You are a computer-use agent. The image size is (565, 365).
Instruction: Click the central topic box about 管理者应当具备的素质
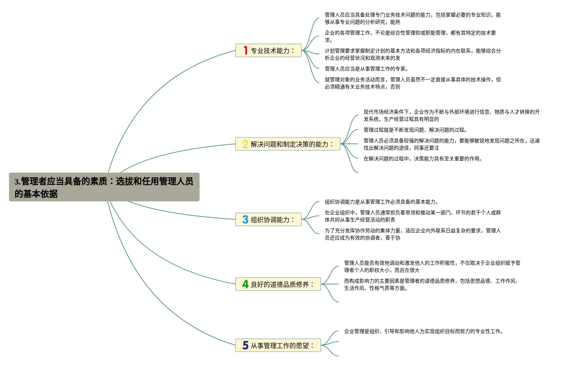coord(104,187)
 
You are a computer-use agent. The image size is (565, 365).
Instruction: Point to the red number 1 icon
coord(245,50)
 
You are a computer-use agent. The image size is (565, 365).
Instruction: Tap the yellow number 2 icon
coord(245,144)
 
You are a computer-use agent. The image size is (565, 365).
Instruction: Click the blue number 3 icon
coord(245,219)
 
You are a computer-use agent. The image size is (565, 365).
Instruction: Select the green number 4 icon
coord(245,284)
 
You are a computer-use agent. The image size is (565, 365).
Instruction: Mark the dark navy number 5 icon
coord(245,345)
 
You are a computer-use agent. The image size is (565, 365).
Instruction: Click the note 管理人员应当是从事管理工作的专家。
coord(366,69)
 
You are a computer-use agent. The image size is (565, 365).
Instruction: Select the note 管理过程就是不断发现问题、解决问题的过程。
coord(415,130)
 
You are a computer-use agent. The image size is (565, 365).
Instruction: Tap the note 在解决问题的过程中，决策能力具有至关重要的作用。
coord(423,159)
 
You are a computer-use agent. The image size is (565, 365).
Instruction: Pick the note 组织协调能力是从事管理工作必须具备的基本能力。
coord(382,202)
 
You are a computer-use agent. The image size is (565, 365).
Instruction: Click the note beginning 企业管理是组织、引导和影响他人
coord(424,331)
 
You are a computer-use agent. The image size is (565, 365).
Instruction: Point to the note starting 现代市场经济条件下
coord(451,115)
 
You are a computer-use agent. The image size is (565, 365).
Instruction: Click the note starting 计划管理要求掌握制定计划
coord(413,54)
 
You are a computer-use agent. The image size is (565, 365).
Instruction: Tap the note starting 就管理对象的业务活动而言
coord(413,83)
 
